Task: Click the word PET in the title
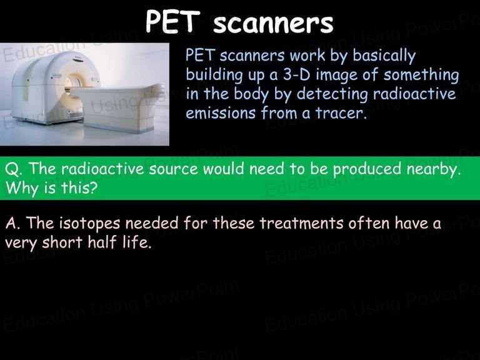[x=173, y=21]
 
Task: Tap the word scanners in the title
[x=273, y=23]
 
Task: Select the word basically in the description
[x=384, y=56]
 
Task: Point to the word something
[x=421, y=75]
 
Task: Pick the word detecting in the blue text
[x=332, y=94]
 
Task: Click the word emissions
[x=221, y=112]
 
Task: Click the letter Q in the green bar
[x=12, y=169]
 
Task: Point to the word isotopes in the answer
[x=89, y=224]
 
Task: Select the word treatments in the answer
[x=301, y=223]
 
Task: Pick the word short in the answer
[x=62, y=242]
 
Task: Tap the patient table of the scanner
[x=118, y=107]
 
